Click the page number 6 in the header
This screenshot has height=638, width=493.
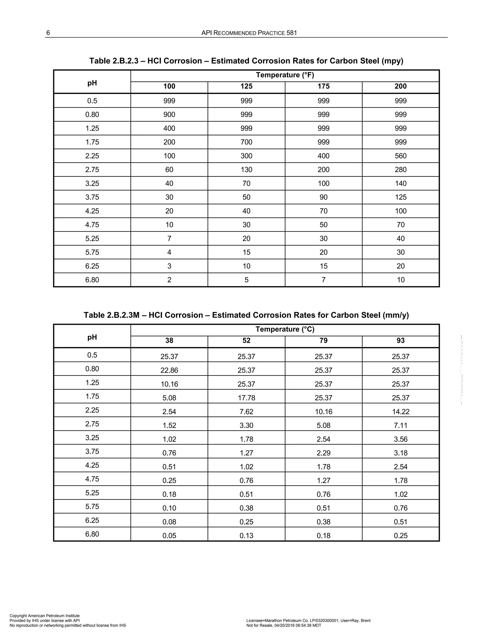coord(48,33)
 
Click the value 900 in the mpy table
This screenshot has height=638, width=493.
coord(169,115)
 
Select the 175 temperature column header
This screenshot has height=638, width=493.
coord(323,86)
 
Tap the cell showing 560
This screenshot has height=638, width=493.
coord(400,156)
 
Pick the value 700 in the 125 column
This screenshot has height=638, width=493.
coord(246,142)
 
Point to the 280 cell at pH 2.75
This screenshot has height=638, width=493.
coord(400,170)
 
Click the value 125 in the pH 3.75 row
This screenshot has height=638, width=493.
coord(400,197)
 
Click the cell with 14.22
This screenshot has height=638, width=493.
coord(400,412)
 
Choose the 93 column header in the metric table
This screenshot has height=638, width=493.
coord(400,340)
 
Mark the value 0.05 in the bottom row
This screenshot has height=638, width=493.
coord(169,535)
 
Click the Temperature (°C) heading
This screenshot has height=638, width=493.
coord(285,329)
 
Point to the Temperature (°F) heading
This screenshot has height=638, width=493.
coord(285,75)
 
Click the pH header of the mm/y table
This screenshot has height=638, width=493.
coord(92,337)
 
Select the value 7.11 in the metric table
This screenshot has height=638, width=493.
coord(400,425)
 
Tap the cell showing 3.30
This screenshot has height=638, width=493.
coord(246,425)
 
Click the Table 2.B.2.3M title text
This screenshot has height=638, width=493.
coord(246,315)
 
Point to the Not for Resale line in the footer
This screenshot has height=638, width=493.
coord(284,625)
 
